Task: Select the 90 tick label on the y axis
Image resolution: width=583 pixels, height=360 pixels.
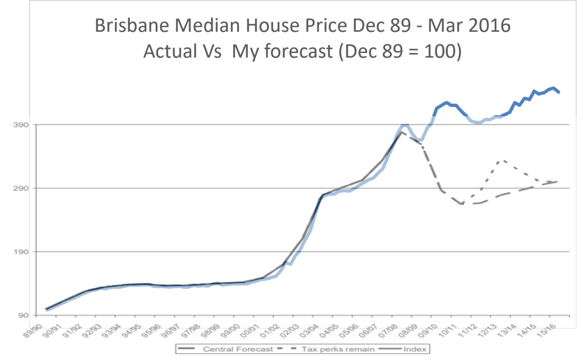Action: tap(21, 316)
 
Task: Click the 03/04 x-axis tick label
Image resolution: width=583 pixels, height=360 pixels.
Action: tap(313, 331)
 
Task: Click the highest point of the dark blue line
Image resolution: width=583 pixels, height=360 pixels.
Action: tap(553, 88)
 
